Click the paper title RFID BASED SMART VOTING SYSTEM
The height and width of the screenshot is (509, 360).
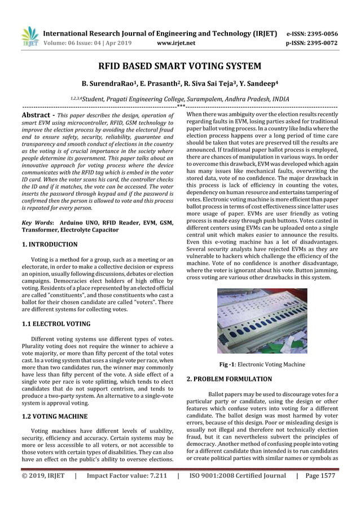[179, 66]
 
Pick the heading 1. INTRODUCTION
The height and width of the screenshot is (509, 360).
[50, 244]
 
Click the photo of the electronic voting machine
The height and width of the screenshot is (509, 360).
[262, 321]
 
